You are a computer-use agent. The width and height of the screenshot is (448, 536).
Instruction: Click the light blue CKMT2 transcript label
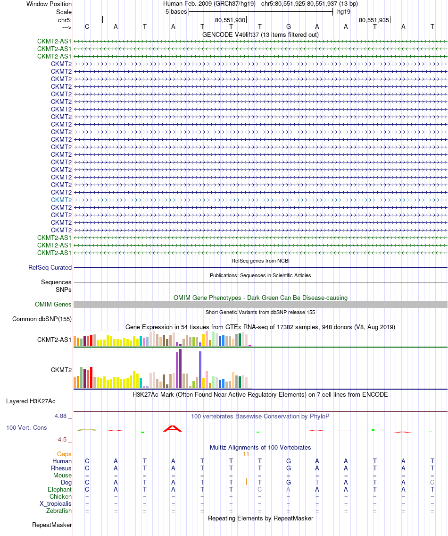61,200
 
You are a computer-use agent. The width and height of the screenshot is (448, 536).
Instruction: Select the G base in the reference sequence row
289,26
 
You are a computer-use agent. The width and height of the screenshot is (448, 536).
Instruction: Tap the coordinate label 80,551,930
230,20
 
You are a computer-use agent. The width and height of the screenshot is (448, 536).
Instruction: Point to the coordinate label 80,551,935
374,20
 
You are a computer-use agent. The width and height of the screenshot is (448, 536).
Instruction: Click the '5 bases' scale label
175,12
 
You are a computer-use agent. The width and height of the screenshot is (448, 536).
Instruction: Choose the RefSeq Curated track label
50,267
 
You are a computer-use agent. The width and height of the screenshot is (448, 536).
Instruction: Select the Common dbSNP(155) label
42,319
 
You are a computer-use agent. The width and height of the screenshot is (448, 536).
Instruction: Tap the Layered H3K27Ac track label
31,401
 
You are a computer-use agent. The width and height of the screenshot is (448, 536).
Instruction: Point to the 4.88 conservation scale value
61,416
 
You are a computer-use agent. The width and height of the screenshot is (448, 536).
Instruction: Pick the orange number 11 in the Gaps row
246,454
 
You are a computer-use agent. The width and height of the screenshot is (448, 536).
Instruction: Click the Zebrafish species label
59,510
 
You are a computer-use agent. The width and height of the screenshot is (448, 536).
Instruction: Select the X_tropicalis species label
56,503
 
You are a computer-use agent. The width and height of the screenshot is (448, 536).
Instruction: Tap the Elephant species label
59,490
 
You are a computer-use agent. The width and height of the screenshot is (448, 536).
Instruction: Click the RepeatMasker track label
52,525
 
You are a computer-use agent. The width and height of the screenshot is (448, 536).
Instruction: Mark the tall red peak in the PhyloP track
172,428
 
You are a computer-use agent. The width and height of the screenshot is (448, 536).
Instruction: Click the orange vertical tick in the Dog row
246,482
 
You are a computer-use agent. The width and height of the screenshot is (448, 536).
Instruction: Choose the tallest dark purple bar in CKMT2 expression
180,368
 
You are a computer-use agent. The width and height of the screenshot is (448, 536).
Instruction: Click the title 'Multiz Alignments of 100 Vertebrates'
260,447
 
